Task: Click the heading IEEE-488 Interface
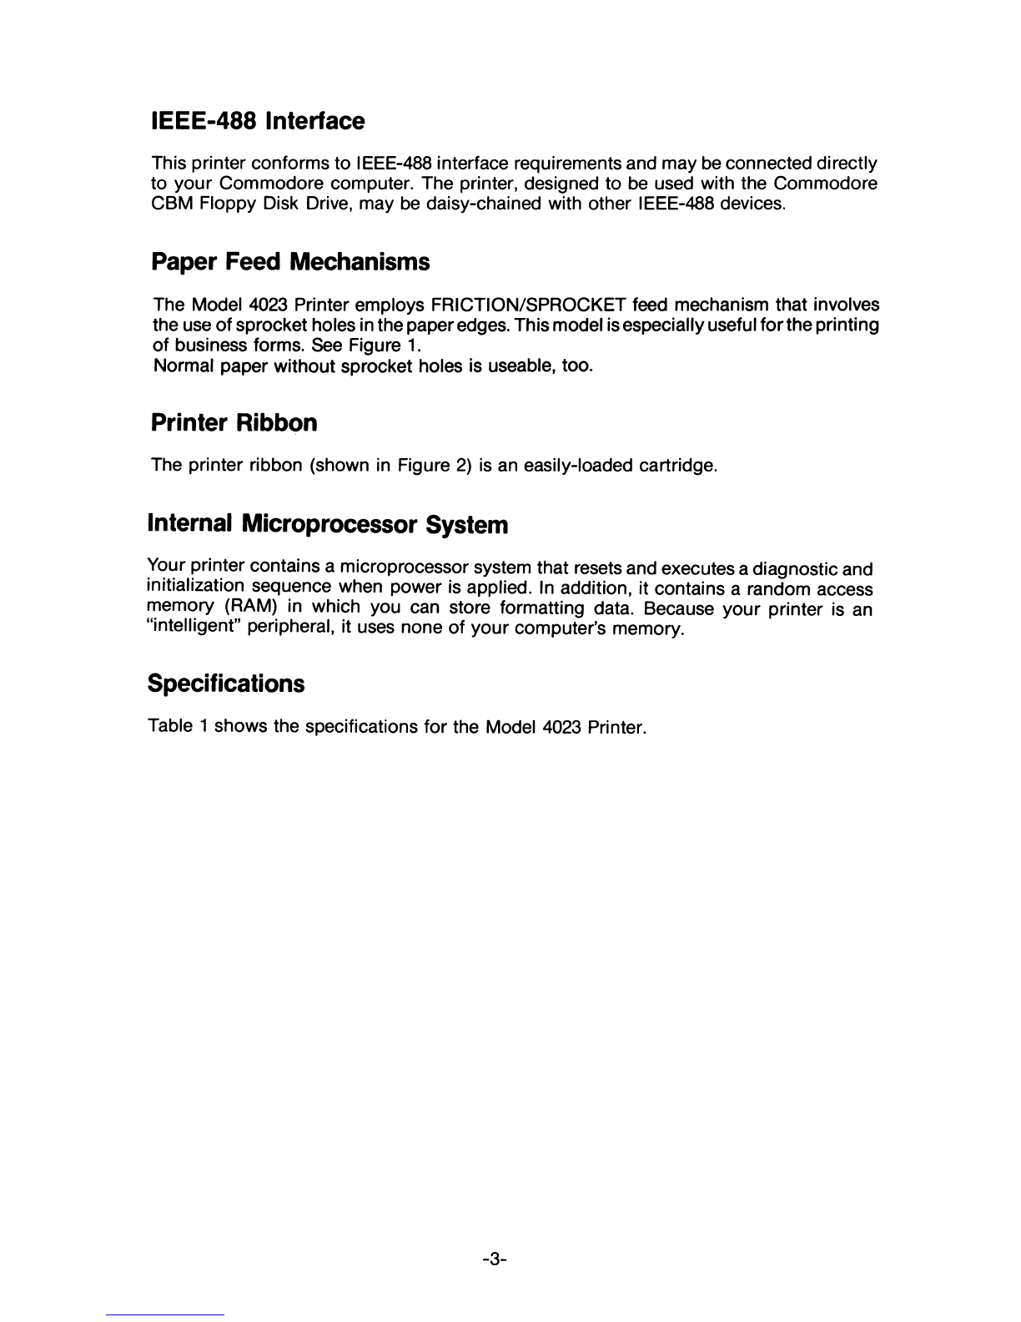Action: tap(258, 122)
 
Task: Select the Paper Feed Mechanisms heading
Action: tap(290, 263)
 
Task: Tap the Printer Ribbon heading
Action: tap(234, 424)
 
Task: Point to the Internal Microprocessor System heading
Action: tap(327, 525)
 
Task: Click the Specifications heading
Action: tap(225, 684)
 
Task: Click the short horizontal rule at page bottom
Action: tap(166, 1314)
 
